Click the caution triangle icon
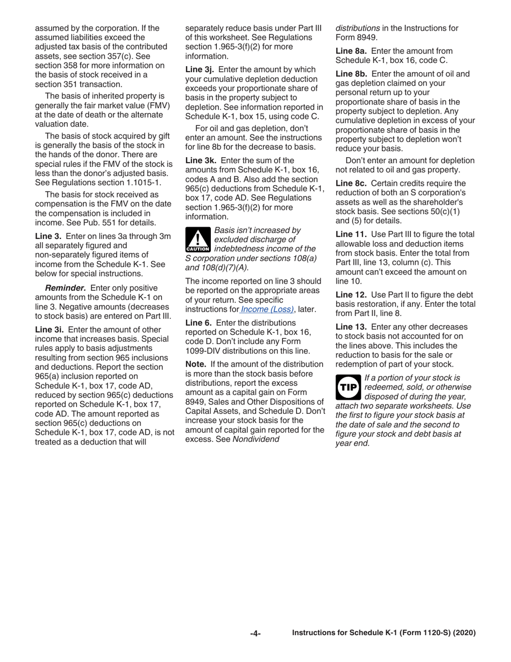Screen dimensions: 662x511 tap(197, 240)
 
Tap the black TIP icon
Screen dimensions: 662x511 tap(347, 387)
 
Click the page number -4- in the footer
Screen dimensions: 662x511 tap(256, 633)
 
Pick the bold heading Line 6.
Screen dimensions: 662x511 tap(198, 323)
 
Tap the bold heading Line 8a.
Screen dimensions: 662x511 tap(351, 51)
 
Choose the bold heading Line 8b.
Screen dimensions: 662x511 tap(351, 74)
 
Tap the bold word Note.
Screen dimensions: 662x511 tap(196, 364)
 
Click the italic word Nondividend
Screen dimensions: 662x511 tap(256, 439)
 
